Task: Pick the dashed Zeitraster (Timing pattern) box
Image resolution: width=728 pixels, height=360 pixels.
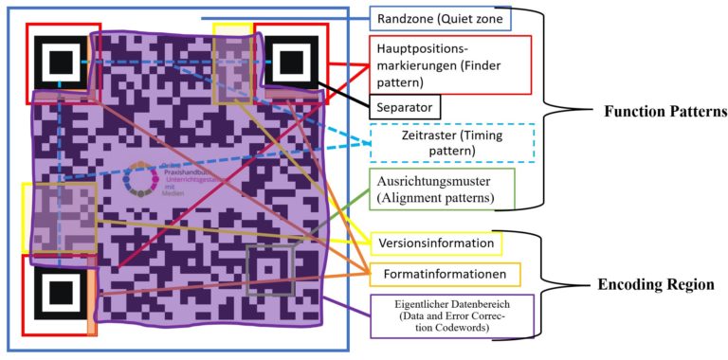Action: (x=451, y=143)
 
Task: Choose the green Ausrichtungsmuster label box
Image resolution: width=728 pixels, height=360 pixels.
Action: (x=444, y=188)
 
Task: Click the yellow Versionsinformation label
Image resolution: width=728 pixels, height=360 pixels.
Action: (x=434, y=243)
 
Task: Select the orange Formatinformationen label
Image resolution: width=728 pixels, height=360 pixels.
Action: (x=444, y=275)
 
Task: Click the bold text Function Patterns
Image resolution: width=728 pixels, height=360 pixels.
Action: (x=664, y=111)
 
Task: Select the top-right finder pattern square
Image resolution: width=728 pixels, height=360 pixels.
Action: (x=289, y=58)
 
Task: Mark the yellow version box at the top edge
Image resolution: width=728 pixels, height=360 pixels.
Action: (x=232, y=63)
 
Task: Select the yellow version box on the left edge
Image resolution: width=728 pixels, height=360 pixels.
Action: (x=59, y=217)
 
